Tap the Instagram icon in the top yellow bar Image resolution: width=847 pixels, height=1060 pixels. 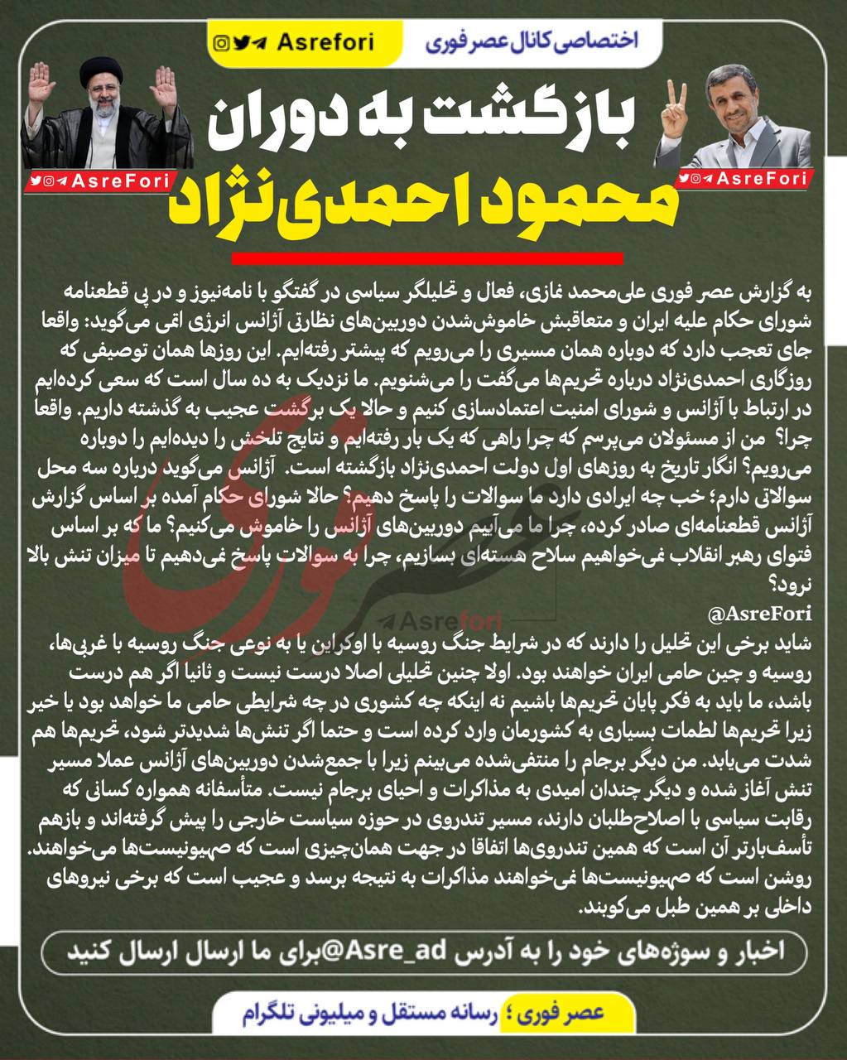pos(221,42)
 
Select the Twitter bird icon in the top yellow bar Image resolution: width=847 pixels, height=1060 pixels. pos(241,42)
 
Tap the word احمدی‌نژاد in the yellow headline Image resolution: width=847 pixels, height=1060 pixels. pos(332,204)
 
